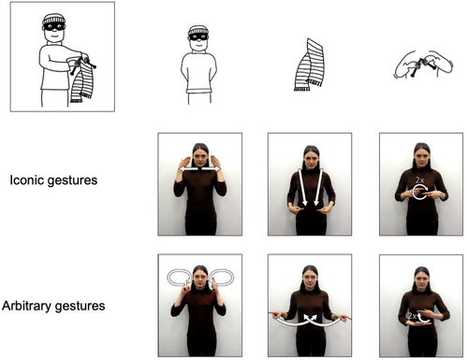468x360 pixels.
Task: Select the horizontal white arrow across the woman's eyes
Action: tap(199, 169)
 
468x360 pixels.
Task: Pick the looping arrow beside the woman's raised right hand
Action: tap(175, 277)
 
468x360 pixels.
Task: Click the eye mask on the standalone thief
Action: tap(197, 39)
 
